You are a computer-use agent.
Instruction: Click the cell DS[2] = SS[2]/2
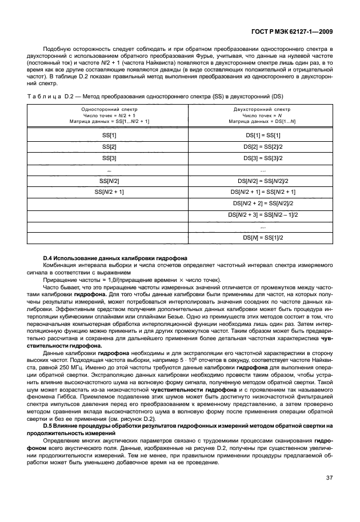click(263, 146)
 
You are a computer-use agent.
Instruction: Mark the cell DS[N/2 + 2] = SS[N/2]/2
click(263, 203)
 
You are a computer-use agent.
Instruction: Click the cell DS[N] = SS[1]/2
click(263, 237)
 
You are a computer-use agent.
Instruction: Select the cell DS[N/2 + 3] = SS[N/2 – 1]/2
click(263, 214)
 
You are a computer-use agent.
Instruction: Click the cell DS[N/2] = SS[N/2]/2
click(263, 180)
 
